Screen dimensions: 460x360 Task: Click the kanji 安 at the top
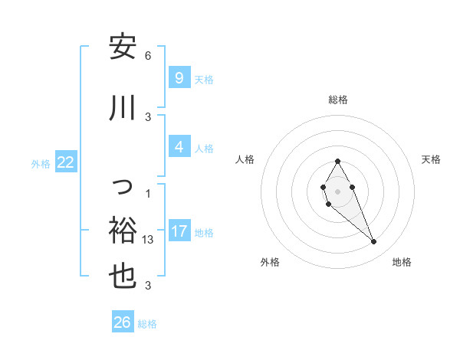pos(122,47)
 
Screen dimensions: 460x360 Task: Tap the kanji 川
pos(122,109)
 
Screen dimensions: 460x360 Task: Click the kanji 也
pos(122,275)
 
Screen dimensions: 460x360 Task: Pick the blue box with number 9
pos(179,77)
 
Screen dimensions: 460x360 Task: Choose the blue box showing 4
pos(179,147)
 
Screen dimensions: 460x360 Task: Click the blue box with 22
pos(65,162)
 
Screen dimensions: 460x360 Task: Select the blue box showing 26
pos(123,322)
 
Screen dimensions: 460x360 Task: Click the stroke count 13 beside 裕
pos(148,240)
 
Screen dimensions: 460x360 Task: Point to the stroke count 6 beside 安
pos(148,56)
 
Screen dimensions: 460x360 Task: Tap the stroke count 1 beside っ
pos(148,193)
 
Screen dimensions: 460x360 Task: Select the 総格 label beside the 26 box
pos(147,324)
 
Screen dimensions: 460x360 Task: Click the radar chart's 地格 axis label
pos(402,262)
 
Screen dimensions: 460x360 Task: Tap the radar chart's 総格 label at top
pos(337,100)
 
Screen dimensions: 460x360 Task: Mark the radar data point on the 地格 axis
pos(374,242)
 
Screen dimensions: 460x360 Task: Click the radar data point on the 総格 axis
pos(337,162)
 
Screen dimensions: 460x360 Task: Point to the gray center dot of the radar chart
pos(337,191)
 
